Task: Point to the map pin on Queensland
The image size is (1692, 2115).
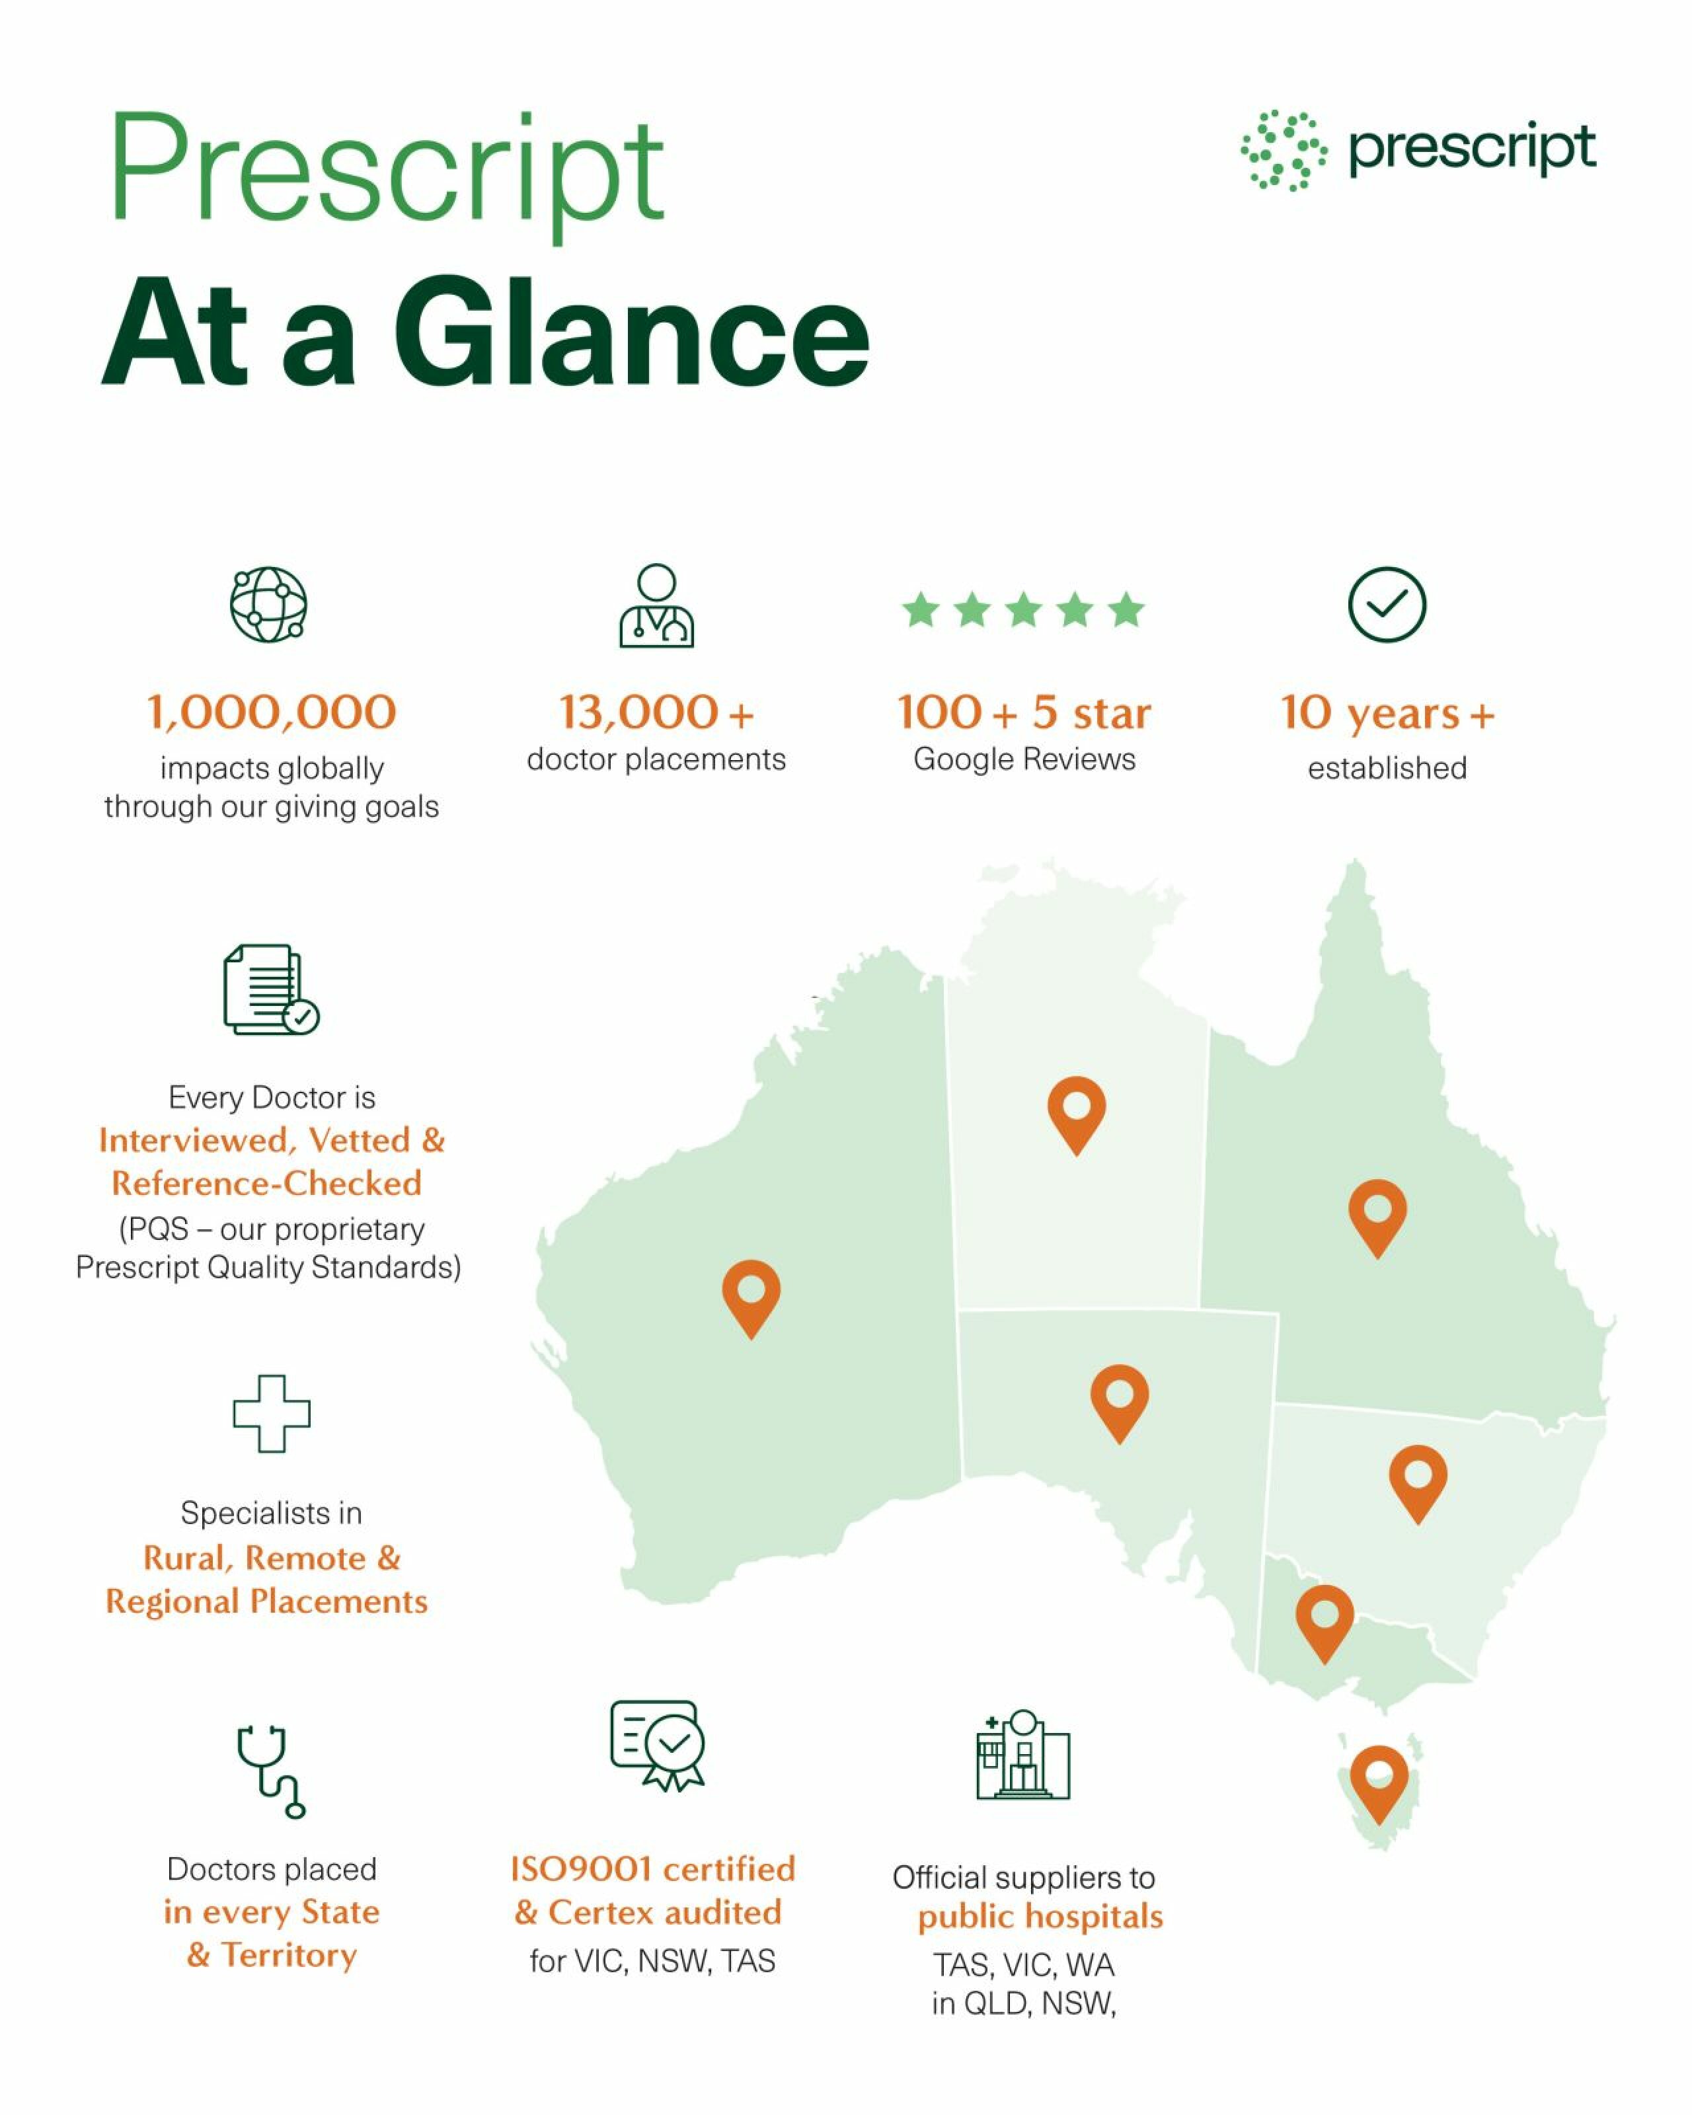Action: pyautogui.click(x=1377, y=1213)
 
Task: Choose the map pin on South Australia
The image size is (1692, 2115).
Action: pyautogui.click(x=1119, y=1398)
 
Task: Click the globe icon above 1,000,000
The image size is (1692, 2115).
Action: pyautogui.click(x=269, y=604)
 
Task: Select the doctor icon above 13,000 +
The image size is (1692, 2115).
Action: pyautogui.click(x=656, y=605)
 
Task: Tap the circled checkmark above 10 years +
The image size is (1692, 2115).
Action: pyautogui.click(x=1387, y=604)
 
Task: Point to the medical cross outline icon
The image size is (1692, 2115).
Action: pyautogui.click(x=272, y=1414)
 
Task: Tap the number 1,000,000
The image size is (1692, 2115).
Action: pyautogui.click(x=272, y=712)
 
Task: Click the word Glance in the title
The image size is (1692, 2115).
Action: pyautogui.click(x=633, y=334)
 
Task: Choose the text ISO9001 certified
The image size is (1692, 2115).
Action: pyautogui.click(x=652, y=1868)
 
